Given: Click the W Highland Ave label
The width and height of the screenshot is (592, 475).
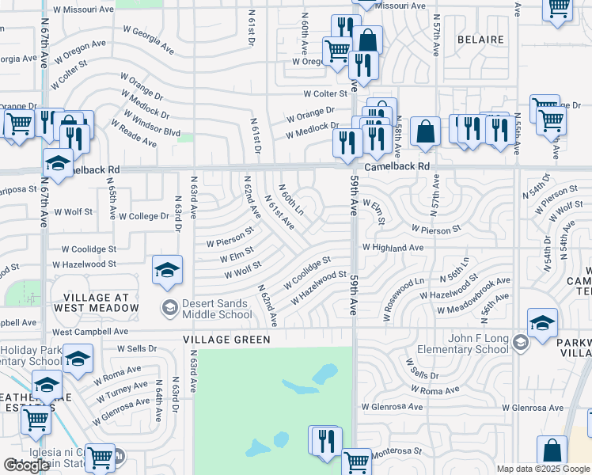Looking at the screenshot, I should pos(393,247).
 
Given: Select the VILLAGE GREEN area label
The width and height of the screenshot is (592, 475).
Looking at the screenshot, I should pos(226,339).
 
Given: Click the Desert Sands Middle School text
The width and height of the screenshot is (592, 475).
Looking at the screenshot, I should pos(217,308).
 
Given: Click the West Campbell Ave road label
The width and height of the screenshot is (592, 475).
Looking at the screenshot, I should pos(89,332).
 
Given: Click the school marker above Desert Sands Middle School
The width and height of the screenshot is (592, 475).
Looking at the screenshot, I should pos(168,271).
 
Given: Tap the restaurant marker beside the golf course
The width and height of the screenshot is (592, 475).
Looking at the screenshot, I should pos(325,440).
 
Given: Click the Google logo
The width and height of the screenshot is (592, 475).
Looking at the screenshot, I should pos(27,465).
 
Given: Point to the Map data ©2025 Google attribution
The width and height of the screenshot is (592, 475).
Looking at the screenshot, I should pos(542,469).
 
